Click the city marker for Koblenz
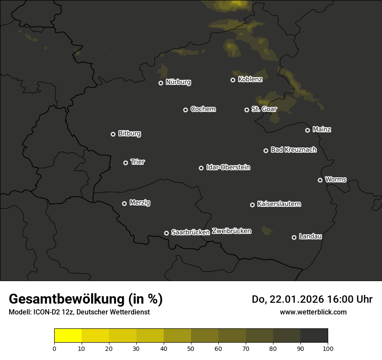(x=233, y=80)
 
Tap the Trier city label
(x=138, y=162)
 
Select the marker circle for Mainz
(x=307, y=130)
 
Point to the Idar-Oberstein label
(x=228, y=167)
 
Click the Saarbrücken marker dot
(x=166, y=233)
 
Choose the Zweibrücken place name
(x=231, y=231)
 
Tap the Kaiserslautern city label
(x=279, y=204)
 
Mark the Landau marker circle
(x=294, y=237)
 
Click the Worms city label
(x=336, y=179)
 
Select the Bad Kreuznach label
(x=293, y=150)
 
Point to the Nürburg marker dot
(x=161, y=83)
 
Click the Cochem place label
(x=203, y=109)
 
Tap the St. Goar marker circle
(x=247, y=110)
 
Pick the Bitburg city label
(x=129, y=134)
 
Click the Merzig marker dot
(x=124, y=203)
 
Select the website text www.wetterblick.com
(x=313, y=312)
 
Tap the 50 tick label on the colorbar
(x=191, y=348)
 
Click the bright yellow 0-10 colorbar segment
(x=68, y=336)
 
